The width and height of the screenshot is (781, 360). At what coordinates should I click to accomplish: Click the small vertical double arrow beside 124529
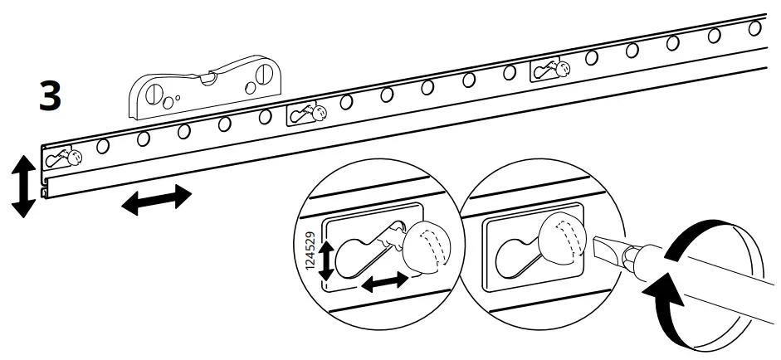[x=327, y=260]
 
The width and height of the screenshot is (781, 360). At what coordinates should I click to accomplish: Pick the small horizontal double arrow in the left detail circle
[x=385, y=283]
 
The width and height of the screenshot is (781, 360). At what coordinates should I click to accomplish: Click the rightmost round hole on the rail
[x=754, y=28]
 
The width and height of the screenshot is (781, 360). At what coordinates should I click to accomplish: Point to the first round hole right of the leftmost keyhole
[x=103, y=147]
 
